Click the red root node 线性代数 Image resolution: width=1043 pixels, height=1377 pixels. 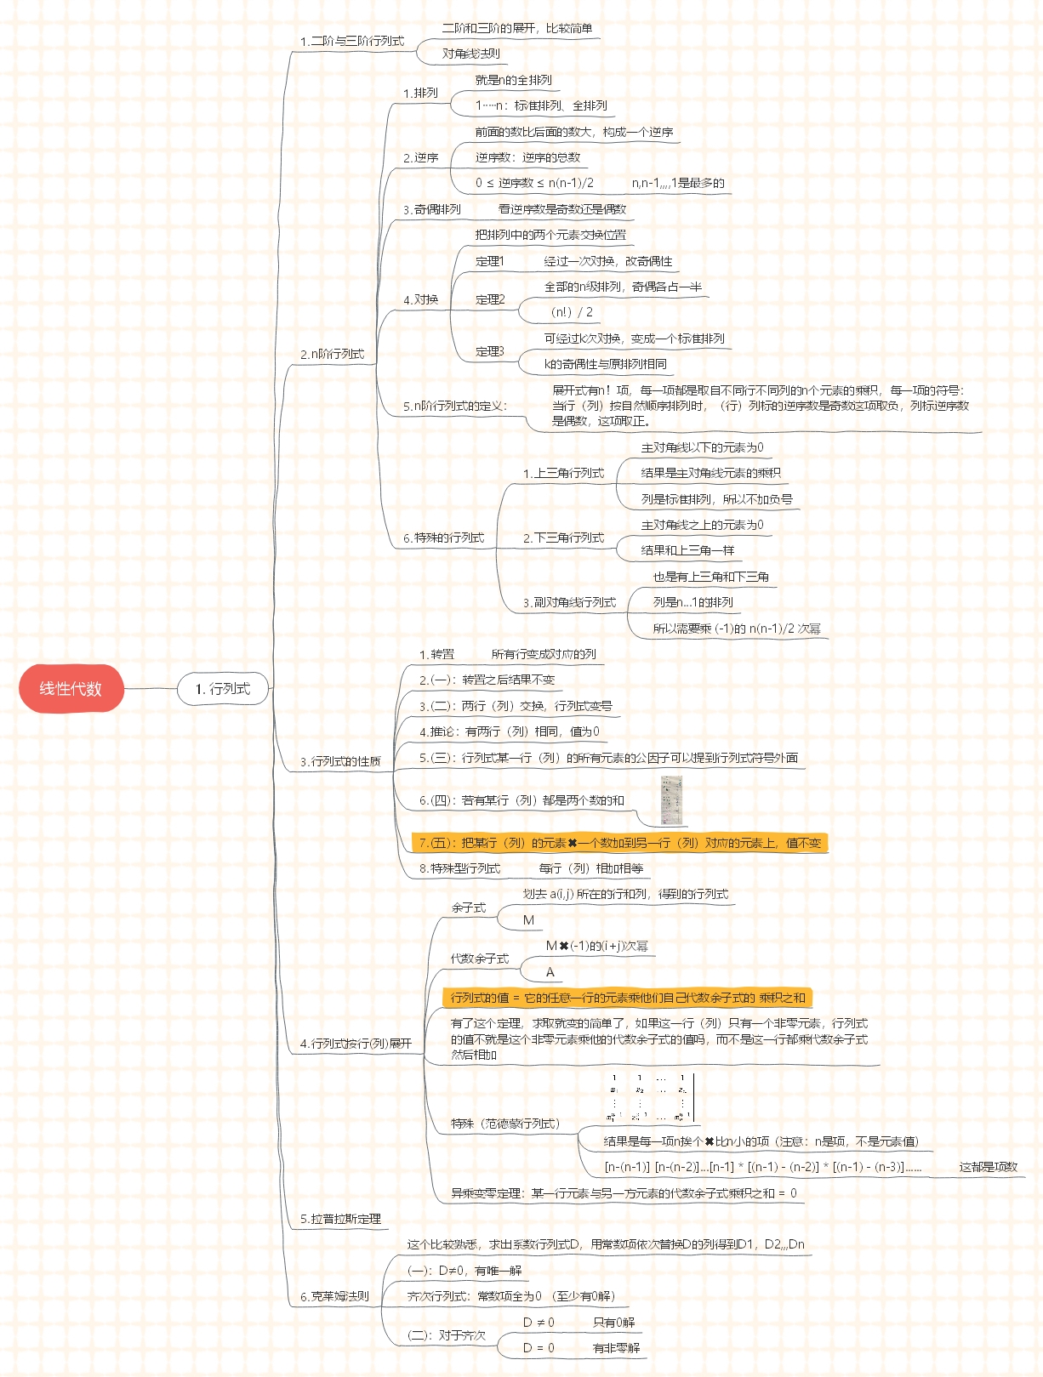71,688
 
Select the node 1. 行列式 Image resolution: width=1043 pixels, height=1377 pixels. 223,688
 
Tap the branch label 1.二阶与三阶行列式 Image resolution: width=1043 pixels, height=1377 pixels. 351,41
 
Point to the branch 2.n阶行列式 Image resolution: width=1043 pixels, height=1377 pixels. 332,354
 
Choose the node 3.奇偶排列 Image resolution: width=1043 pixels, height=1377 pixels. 432,209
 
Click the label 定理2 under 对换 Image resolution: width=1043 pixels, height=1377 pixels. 490,299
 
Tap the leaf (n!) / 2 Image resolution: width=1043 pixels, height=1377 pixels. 572,312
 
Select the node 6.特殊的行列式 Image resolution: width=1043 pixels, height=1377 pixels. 443,538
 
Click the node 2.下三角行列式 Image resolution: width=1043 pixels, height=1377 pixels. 563,538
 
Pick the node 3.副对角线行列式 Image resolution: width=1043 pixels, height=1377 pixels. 569,602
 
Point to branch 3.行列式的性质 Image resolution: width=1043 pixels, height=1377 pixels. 340,761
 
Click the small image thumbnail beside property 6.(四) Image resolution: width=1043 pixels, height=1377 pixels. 672,800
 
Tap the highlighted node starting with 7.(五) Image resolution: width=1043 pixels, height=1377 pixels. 619,843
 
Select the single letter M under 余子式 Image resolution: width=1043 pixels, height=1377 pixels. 528,920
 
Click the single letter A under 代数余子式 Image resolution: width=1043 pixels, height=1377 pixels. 550,972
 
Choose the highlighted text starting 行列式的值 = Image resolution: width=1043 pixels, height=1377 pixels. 627,998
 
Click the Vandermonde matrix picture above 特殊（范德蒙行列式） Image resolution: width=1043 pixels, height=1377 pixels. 650,1098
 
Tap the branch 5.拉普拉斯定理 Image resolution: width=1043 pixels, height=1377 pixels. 340,1219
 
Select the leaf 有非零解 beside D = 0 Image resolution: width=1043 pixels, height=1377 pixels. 616,1348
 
